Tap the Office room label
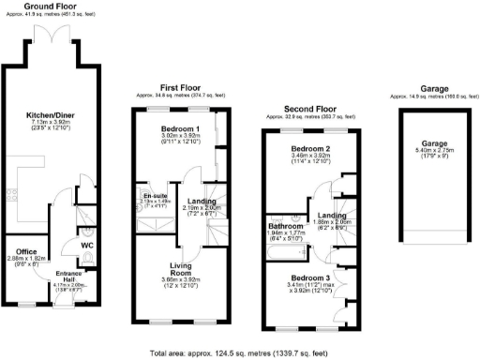[25, 251]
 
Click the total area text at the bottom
[240, 352]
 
